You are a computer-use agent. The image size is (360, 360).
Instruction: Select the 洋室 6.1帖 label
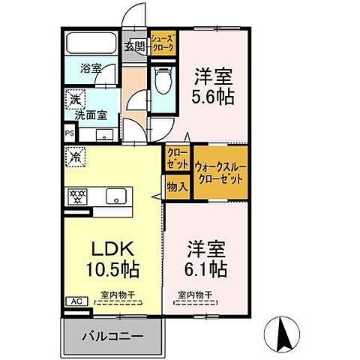click(204, 256)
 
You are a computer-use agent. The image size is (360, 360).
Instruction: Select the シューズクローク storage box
click(163, 43)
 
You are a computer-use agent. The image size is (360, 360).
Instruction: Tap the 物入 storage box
click(177, 186)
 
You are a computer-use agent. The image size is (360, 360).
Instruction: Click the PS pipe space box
click(70, 135)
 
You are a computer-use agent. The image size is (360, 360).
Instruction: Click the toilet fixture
click(162, 81)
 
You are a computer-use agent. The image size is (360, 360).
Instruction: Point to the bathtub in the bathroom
click(91, 44)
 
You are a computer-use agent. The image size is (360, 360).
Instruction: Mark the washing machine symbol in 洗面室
click(75, 98)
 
